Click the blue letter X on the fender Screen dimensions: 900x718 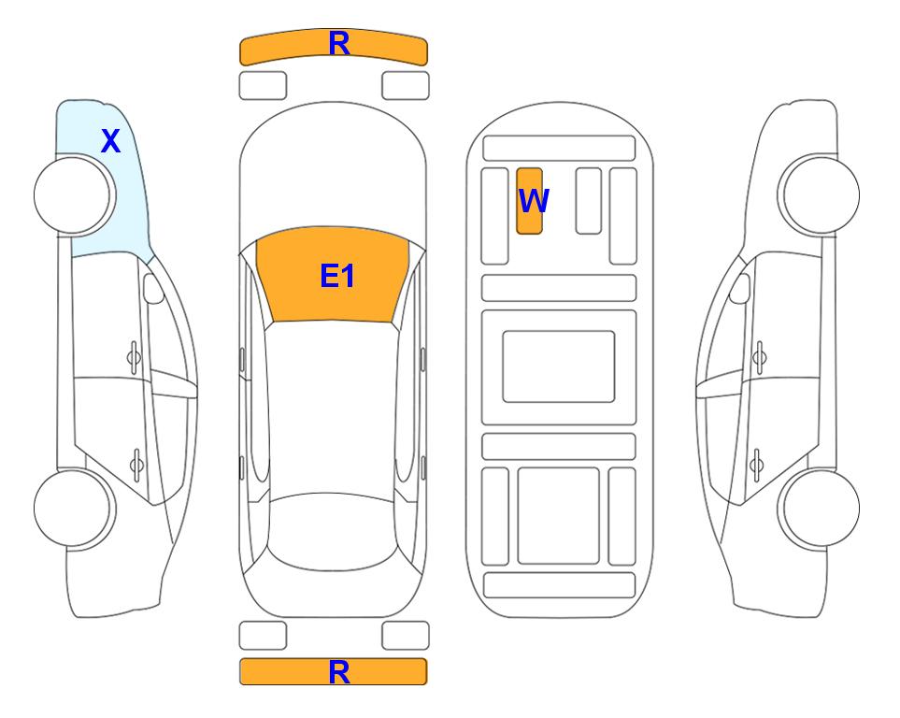111,141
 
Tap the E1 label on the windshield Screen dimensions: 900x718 337,276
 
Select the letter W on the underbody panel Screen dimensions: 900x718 534,201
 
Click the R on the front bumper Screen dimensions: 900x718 339,44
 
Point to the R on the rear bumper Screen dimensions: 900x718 339,672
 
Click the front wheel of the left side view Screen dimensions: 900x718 73,195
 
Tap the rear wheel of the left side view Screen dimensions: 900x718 73,509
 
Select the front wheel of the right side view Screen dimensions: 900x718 820,195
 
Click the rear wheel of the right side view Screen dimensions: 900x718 820,509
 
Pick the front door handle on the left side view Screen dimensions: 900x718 134,358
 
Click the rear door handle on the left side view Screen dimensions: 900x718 136,464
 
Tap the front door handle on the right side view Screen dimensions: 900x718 760,358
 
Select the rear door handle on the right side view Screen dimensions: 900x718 756,464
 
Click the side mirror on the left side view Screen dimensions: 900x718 153,288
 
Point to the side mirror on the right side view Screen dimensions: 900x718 740,288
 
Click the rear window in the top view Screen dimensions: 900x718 334,531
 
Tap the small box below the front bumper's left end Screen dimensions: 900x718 263,86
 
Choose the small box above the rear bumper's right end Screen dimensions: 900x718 406,636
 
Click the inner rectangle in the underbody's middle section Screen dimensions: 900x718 559,366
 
